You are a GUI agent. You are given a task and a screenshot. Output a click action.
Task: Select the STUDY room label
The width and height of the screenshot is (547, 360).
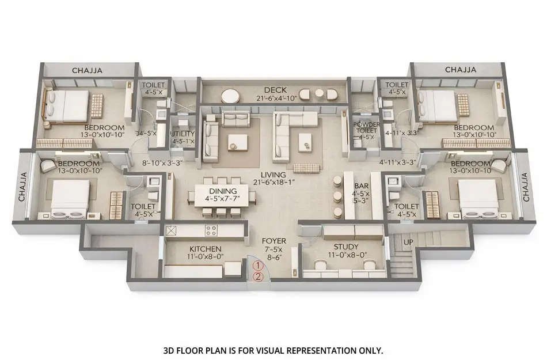(x=345, y=247)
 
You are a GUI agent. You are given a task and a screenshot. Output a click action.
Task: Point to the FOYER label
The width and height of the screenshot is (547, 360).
(x=271, y=241)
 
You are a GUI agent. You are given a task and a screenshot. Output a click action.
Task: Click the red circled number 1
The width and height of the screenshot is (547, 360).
(x=259, y=266)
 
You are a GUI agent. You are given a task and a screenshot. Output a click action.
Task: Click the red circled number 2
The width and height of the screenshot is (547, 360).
(x=259, y=276)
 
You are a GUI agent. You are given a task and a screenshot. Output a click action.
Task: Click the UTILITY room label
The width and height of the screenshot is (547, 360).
(x=183, y=134)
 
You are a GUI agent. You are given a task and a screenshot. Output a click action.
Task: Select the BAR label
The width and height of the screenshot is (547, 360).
(x=361, y=186)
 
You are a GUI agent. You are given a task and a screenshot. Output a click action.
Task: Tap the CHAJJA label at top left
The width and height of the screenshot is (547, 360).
(x=87, y=70)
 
